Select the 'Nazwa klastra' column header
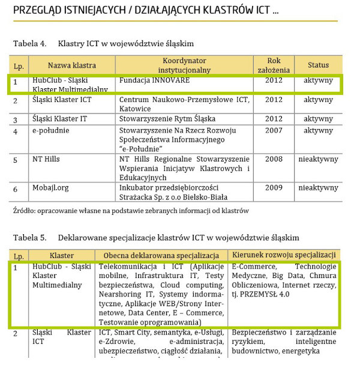click(x=72, y=65)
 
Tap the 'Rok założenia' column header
click(x=274, y=65)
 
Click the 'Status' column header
click(x=318, y=65)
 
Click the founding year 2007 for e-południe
click(x=274, y=131)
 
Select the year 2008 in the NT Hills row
click(x=274, y=159)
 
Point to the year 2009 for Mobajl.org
click(x=274, y=188)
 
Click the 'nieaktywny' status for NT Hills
click(x=318, y=159)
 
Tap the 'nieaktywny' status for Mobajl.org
click(x=318, y=188)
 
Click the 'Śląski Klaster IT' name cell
click(x=60, y=119)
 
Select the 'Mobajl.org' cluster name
click(x=50, y=188)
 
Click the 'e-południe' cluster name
click(x=51, y=131)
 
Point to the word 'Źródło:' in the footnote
click(x=25, y=211)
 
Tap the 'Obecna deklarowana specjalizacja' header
click(x=160, y=255)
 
